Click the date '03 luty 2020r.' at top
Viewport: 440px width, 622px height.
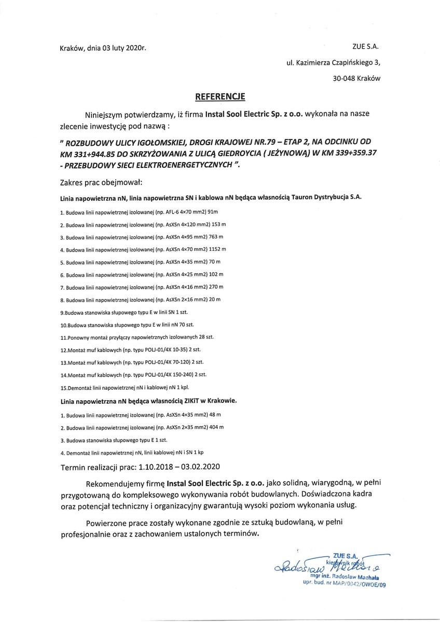coord(125,49)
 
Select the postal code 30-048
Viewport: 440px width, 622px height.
coord(345,78)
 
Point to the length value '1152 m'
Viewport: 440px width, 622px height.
coord(216,249)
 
